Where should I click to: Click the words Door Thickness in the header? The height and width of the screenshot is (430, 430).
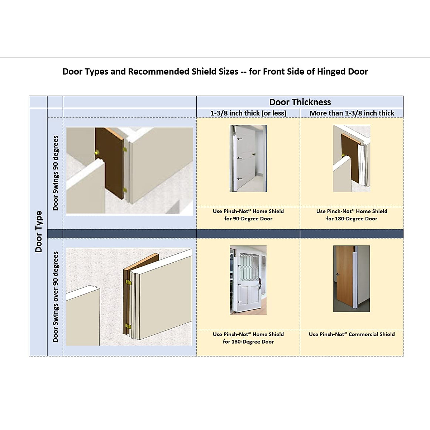click(300, 102)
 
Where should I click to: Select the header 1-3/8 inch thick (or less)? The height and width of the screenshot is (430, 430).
click(248, 113)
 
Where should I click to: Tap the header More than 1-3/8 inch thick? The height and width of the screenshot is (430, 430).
click(352, 113)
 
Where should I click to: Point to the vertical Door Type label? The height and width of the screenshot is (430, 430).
click(38, 231)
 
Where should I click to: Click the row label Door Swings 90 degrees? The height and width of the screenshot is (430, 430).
click(56, 173)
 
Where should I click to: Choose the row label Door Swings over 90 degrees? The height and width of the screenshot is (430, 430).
click(56, 297)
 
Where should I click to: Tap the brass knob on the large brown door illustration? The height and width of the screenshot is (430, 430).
click(97, 153)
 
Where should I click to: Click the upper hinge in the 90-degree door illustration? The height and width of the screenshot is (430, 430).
click(125, 149)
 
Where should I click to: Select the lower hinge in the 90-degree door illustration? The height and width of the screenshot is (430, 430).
click(125, 190)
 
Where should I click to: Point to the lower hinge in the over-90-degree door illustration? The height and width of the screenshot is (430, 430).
click(128, 326)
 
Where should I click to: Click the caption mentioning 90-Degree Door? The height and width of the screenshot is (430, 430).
click(248, 215)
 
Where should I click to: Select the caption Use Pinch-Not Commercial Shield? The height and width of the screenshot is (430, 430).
click(352, 334)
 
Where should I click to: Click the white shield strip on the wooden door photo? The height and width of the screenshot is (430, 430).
click(357, 279)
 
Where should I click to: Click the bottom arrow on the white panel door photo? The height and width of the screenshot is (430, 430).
click(239, 179)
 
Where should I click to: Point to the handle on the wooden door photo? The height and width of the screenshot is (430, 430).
click(337, 274)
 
